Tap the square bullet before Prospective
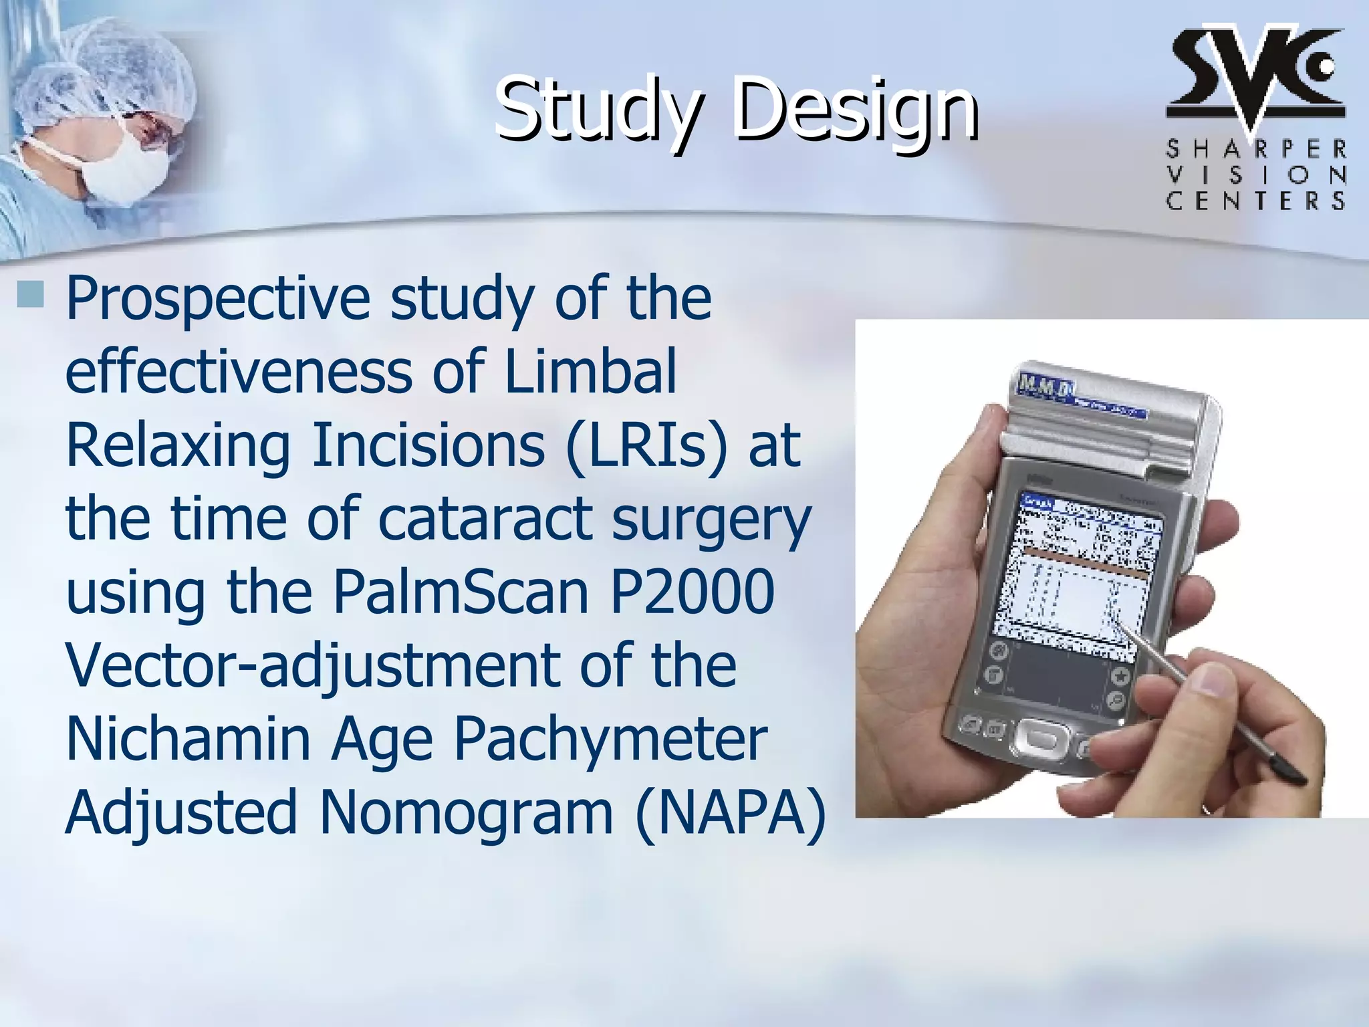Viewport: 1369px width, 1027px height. pyautogui.click(x=30, y=294)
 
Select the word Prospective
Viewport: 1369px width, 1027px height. pyautogui.click(x=217, y=299)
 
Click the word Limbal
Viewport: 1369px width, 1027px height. pyautogui.click(x=590, y=371)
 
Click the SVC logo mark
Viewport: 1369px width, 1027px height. pyautogui.click(x=1255, y=74)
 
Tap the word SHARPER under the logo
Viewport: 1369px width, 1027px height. pyautogui.click(x=1256, y=149)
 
